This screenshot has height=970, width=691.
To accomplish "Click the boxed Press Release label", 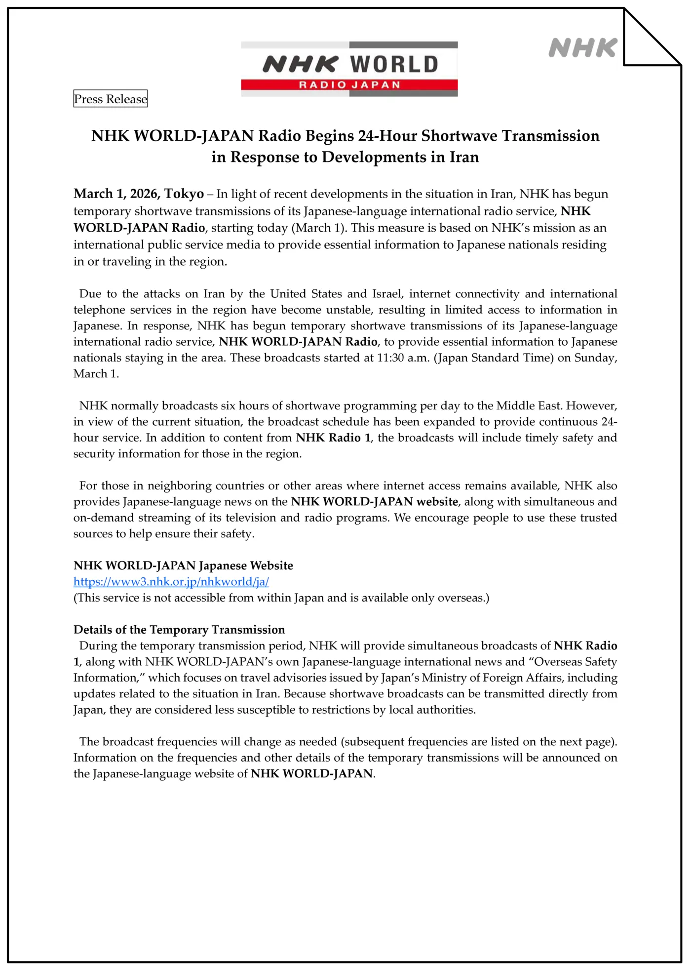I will [110, 99].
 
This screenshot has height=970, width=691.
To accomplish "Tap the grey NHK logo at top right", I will [582, 48].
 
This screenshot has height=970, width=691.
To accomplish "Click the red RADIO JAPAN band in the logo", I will [349, 85].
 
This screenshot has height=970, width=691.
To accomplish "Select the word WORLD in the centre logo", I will [394, 64].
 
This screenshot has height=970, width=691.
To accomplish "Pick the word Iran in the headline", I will [464, 157].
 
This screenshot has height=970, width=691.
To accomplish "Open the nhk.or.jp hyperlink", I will [171, 582].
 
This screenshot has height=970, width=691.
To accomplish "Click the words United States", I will [306, 294].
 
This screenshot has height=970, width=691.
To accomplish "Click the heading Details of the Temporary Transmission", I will [179, 630].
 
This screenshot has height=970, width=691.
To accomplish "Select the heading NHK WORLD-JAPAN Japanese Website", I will [183, 566].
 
